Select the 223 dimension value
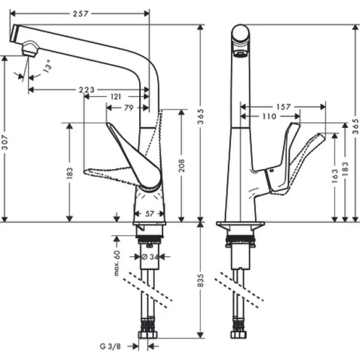[87, 90]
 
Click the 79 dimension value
[128, 108]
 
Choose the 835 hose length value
[202, 280]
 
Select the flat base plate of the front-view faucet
[240, 225]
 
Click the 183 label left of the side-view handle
[70, 172]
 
